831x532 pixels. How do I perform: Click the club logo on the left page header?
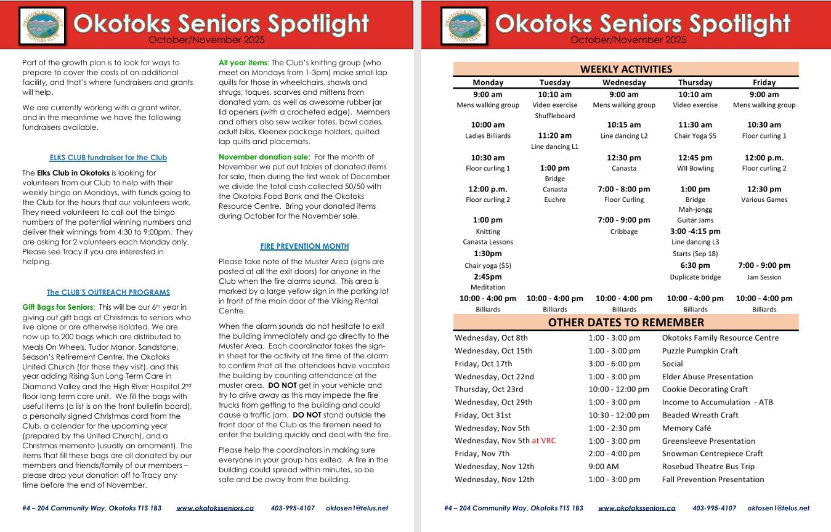pos(43,25)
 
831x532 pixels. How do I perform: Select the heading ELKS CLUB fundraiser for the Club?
pos(108,158)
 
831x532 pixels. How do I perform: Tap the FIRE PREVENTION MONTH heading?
pos(304,246)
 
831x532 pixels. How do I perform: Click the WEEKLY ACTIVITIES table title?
pos(626,69)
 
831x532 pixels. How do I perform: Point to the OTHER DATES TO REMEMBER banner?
pos(626,322)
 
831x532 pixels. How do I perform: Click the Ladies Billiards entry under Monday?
pos(488,136)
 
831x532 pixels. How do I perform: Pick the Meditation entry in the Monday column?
pos(488,288)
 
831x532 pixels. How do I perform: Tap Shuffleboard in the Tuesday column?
pos(555,116)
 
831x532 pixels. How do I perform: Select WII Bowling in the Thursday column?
pos(695,169)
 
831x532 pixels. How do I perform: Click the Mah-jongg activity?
pos(695,210)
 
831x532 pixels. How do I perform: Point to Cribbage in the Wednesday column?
pos(624,232)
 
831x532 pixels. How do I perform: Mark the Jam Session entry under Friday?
pos(764,278)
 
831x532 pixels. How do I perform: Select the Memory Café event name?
pos(686,428)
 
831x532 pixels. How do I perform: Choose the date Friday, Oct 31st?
pos(483,415)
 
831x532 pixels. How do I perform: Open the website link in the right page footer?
pos(636,509)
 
